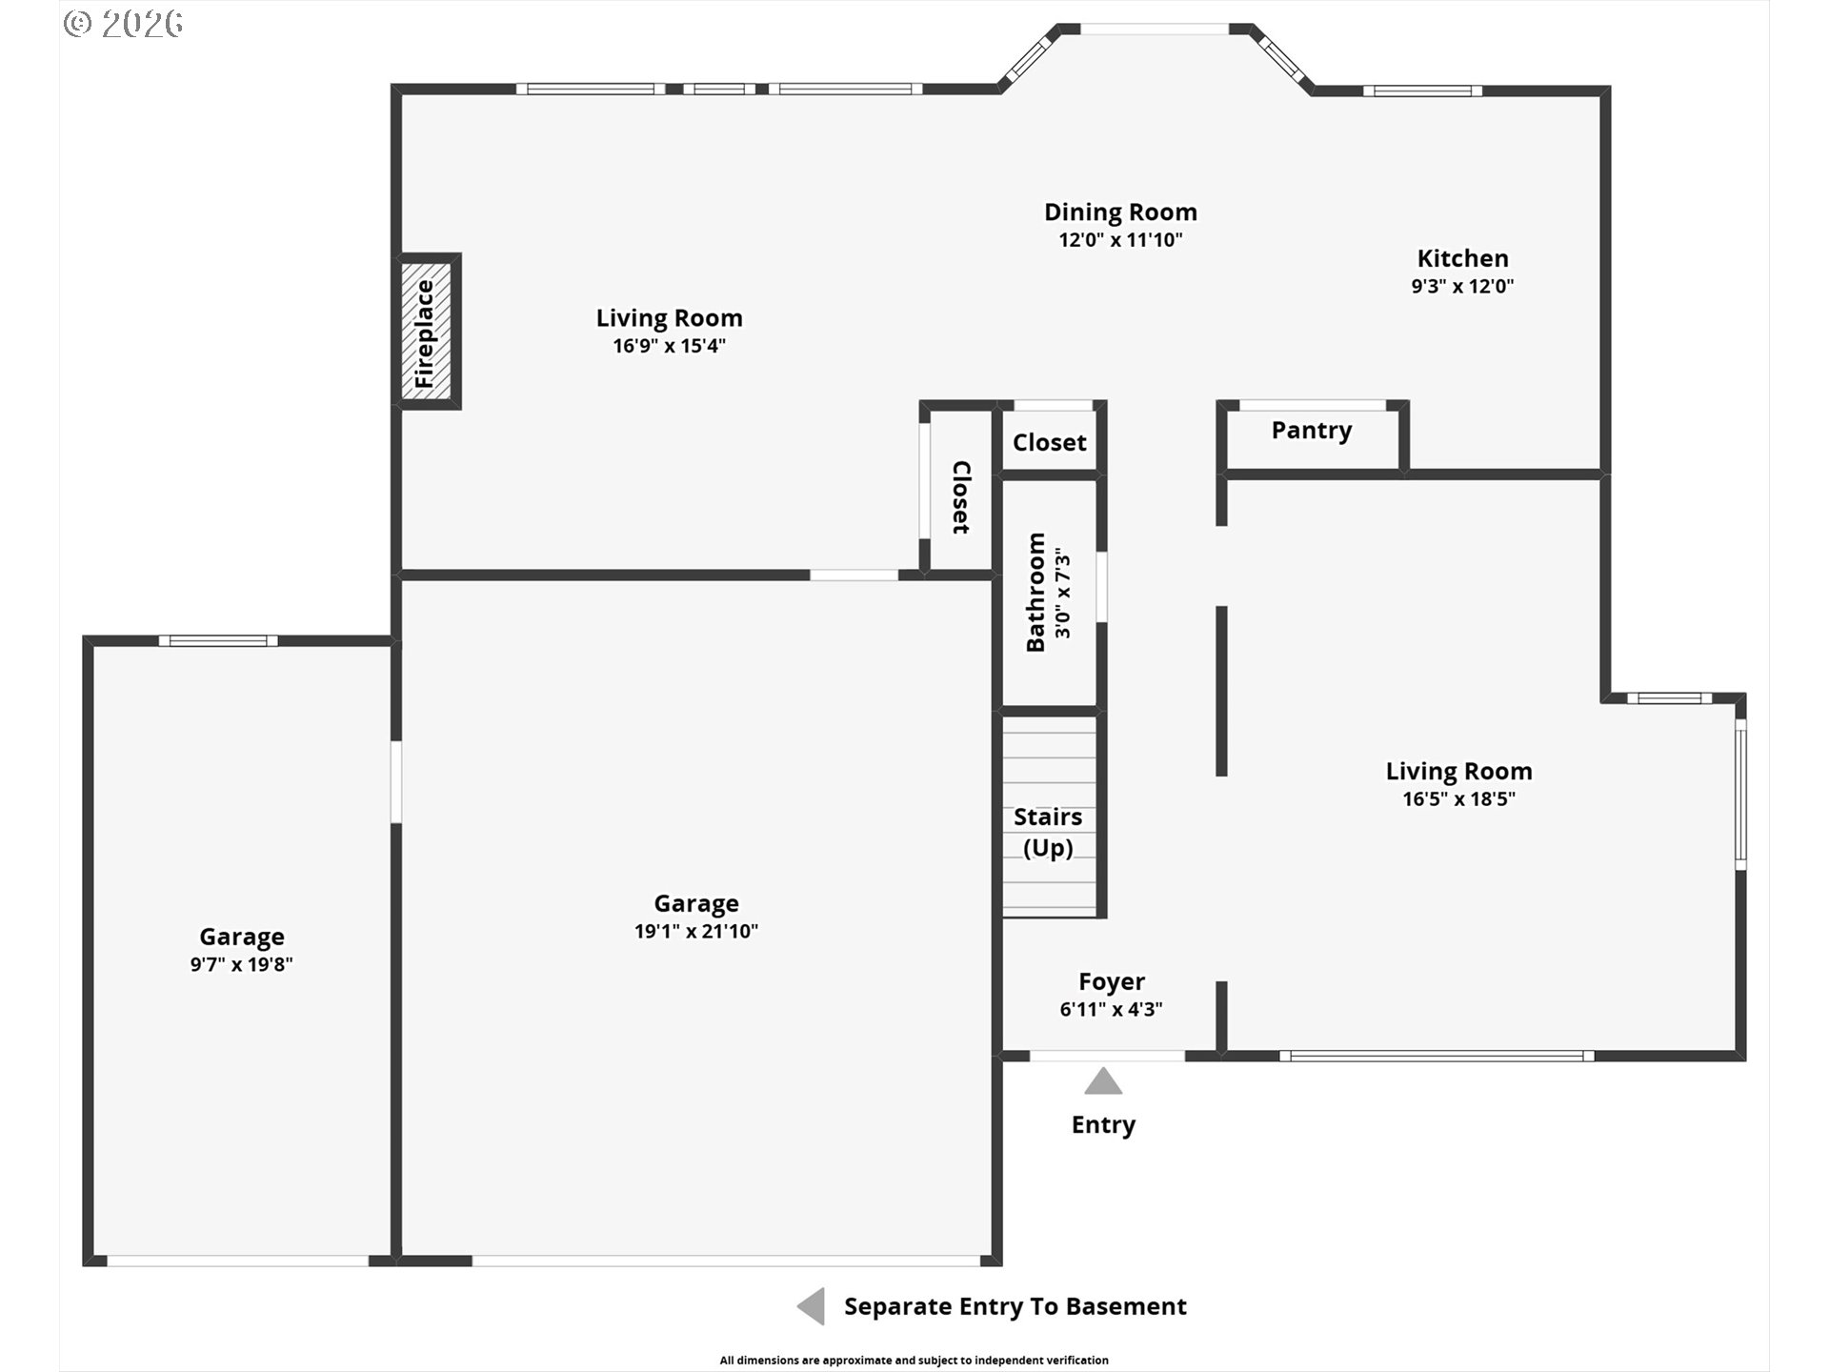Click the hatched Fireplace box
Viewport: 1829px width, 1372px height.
(x=429, y=332)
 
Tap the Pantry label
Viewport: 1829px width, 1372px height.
(x=1311, y=431)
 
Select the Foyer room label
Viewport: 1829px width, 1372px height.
(x=1111, y=981)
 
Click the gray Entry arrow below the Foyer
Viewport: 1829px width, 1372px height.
(x=1103, y=1081)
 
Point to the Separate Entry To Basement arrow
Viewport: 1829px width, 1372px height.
(x=811, y=1306)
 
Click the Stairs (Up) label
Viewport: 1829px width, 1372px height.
(x=1048, y=832)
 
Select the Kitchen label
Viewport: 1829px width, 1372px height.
(x=1462, y=258)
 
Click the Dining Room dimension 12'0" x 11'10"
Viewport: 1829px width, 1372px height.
(x=1120, y=240)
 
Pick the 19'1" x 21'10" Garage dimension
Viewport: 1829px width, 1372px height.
(x=696, y=931)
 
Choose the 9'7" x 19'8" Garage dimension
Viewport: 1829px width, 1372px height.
(x=241, y=964)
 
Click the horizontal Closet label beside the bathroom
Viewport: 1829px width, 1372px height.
(x=1049, y=442)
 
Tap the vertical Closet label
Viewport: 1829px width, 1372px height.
(x=961, y=497)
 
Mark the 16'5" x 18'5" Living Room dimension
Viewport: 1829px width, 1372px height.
(x=1458, y=798)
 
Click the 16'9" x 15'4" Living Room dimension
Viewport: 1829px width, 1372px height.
(x=669, y=345)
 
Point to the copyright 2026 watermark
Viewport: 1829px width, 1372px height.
(x=123, y=24)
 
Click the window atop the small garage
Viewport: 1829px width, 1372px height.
(x=218, y=640)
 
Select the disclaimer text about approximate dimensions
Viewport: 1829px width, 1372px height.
(x=914, y=1360)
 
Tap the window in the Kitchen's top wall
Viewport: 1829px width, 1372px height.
(x=1422, y=91)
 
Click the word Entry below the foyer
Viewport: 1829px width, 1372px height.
(x=1103, y=1125)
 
